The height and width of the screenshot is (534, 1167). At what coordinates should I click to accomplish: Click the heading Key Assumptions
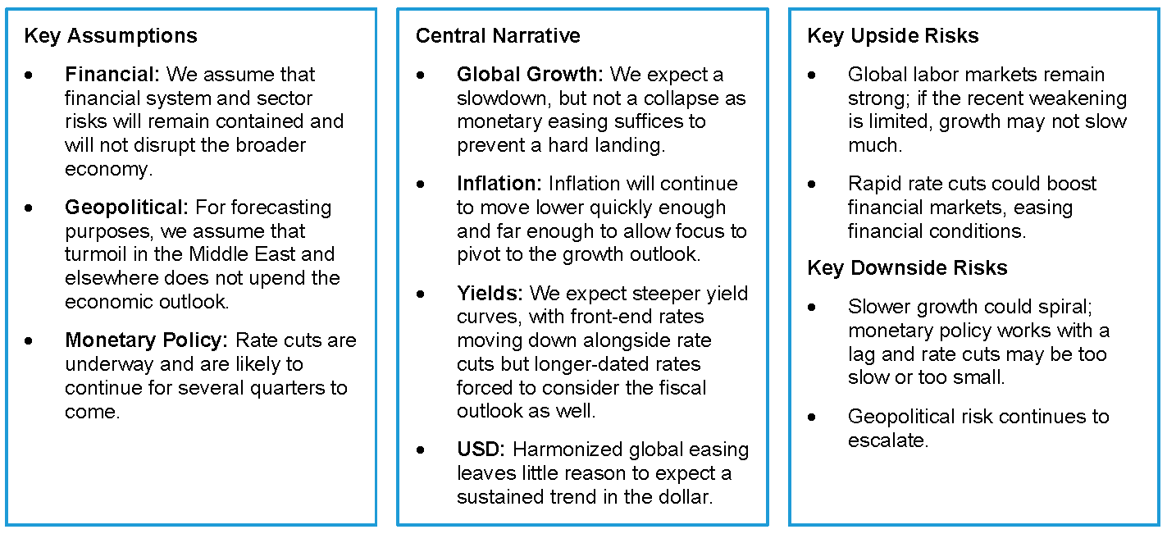click(111, 36)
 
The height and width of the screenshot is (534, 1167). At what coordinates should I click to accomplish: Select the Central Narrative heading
click(498, 36)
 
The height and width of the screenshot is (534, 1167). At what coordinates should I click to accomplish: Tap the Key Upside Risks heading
click(893, 36)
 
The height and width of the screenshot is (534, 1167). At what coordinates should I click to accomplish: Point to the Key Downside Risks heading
click(907, 267)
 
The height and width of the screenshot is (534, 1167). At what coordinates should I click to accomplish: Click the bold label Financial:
click(112, 75)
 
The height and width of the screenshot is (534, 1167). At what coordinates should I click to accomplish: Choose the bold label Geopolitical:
click(126, 208)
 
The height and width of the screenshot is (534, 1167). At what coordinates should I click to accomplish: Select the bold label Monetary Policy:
click(147, 340)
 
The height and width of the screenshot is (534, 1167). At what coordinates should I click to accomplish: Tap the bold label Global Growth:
click(530, 75)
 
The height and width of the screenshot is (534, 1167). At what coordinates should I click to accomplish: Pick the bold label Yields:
click(490, 294)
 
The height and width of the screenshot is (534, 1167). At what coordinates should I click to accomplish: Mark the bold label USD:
click(481, 450)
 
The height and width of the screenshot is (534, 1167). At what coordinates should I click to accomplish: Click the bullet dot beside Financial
click(28, 75)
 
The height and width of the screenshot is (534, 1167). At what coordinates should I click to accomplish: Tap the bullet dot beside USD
click(421, 450)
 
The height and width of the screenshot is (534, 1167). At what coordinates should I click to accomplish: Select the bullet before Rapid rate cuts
click(812, 185)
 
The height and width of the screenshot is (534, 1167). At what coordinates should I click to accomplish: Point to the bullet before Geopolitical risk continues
click(812, 418)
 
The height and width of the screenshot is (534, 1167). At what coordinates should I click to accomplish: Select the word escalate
click(887, 440)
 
